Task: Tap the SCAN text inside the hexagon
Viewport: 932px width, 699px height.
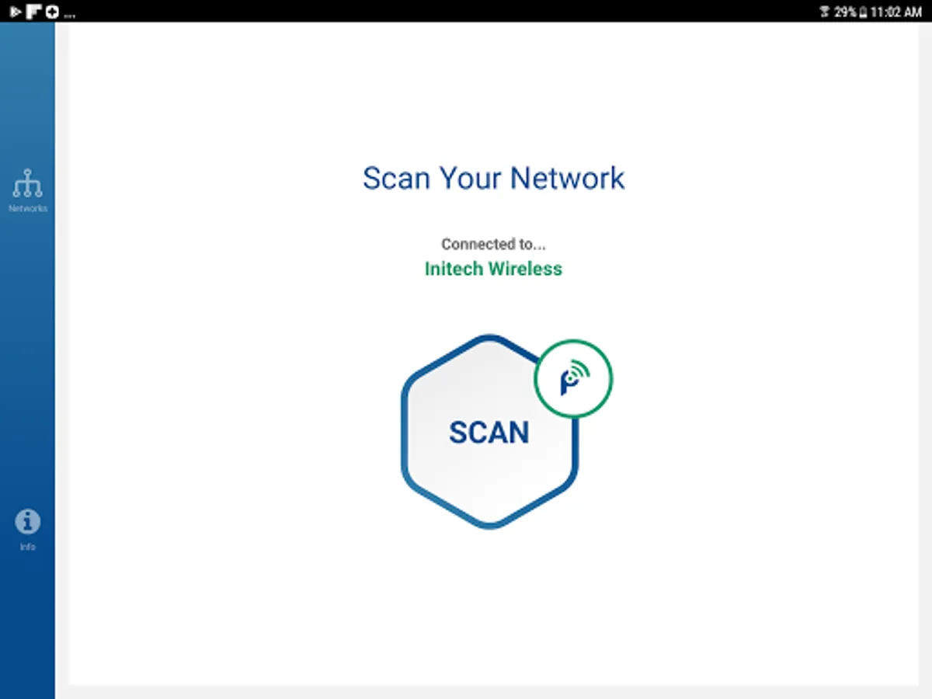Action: tap(489, 433)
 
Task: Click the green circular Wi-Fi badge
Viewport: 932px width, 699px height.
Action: tap(574, 378)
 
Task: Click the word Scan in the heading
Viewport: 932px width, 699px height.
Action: tap(396, 178)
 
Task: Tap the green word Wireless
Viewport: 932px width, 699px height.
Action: tap(524, 269)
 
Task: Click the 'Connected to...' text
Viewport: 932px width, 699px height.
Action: tap(493, 244)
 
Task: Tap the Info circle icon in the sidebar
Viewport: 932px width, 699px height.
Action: tap(28, 522)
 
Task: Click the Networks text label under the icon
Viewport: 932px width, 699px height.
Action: tap(28, 209)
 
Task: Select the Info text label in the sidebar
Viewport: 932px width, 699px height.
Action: tap(28, 548)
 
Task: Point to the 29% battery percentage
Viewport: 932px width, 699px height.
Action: tap(846, 12)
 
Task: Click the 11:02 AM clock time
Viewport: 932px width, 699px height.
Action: tap(896, 12)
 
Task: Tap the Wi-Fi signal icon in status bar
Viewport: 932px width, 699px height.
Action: tap(825, 12)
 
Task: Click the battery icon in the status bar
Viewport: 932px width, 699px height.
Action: tap(863, 12)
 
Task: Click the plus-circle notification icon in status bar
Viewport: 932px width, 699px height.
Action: tap(52, 12)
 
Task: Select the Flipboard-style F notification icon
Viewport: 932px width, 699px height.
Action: tap(33, 12)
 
